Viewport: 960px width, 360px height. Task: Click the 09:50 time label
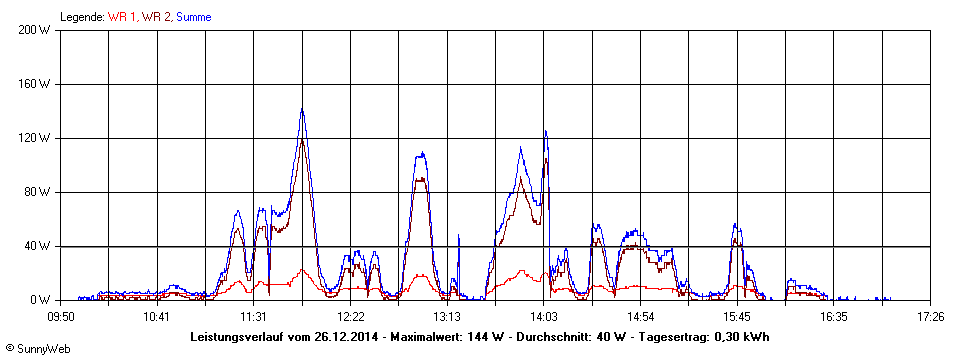point(61,316)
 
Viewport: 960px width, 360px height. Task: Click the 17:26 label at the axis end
point(930,316)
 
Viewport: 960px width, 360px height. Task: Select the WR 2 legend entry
point(156,17)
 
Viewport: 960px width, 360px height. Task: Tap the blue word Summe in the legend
point(194,17)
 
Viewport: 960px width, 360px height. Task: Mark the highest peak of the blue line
point(302,110)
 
